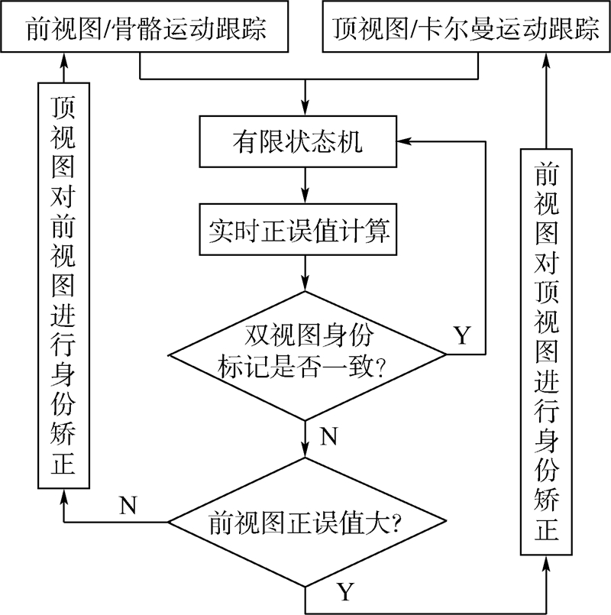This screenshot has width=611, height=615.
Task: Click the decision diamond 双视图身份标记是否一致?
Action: [305, 354]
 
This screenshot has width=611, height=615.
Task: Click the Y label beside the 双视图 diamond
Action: [462, 335]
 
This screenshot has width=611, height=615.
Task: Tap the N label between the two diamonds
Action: [328, 437]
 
